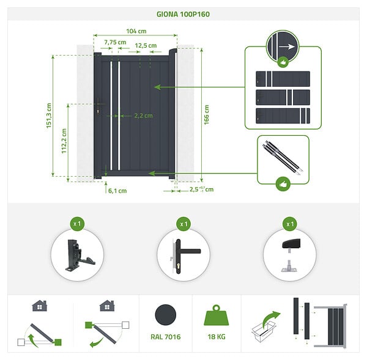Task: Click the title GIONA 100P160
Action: (x=183, y=14)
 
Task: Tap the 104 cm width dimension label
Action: (x=136, y=31)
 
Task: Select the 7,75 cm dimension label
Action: (x=115, y=42)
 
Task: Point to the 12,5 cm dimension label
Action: (x=146, y=45)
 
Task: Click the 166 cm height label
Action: (x=207, y=115)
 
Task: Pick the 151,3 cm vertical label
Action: (x=49, y=116)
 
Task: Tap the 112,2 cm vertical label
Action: (x=64, y=141)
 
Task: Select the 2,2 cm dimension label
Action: (x=144, y=116)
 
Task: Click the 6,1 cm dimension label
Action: (x=117, y=191)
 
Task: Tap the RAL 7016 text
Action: (x=166, y=337)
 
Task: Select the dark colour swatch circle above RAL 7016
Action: (x=166, y=315)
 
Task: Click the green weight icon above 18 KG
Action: (x=217, y=315)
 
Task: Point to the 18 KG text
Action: (x=217, y=337)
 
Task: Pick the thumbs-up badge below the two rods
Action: (x=283, y=184)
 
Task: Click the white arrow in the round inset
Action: (x=287, y=46)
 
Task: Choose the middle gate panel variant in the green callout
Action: (x=283, y=97)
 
